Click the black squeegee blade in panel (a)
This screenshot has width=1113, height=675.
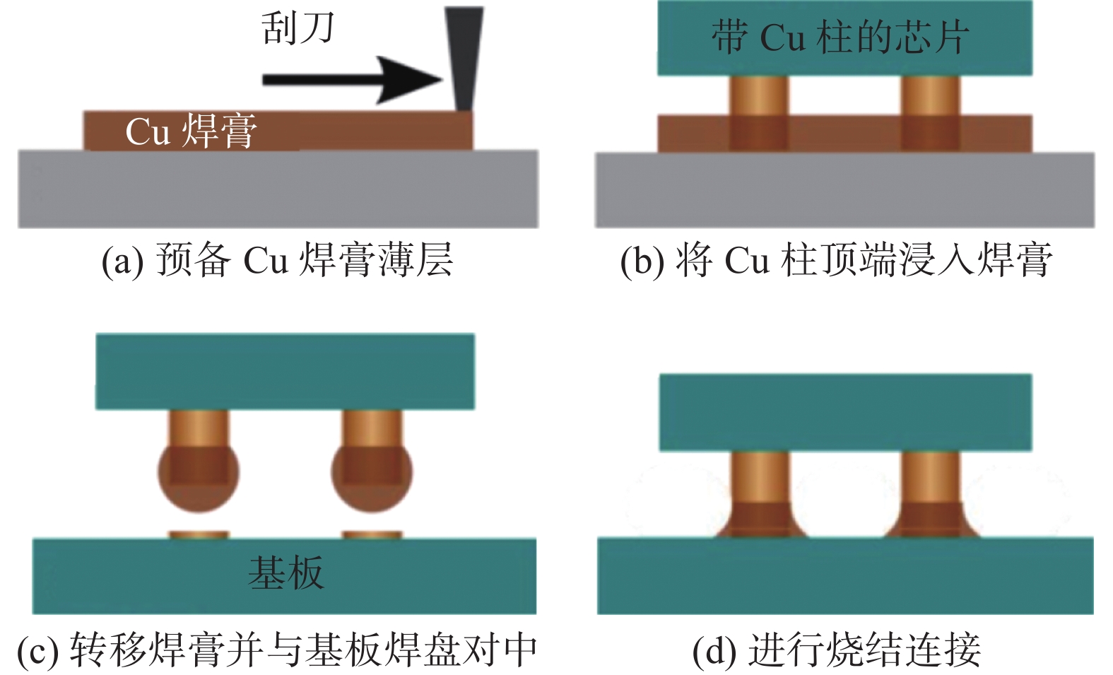pos(464,57)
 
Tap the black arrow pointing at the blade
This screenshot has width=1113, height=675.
pos(353,79)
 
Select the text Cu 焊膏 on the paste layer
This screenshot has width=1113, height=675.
pos(191,131)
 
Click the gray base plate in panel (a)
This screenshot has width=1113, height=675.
pos(278,189)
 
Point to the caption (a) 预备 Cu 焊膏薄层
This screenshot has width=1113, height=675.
pos(277,260)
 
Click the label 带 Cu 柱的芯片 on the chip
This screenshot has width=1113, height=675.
pos(840,37)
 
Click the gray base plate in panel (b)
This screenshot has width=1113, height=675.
pos(844,189)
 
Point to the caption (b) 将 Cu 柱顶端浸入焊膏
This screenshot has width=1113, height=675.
pos(836,260)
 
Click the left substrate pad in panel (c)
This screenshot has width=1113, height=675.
pos(199,535)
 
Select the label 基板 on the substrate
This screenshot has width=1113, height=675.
pos(286,573)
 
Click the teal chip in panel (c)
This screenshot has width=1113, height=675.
pos(285,371)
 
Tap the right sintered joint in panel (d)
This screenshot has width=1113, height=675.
pos(931,520)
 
